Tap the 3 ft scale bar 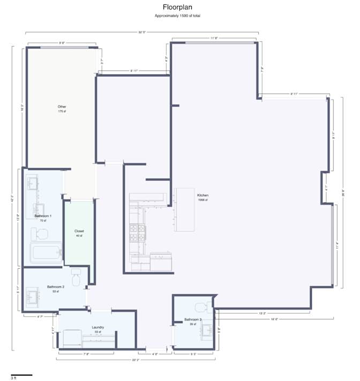coord(21,375)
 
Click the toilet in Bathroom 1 coord(39,233)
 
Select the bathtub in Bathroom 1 coord(44,252)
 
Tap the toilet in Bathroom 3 coord(202,307)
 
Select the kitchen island coord(183,209)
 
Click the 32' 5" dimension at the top coord(142,33)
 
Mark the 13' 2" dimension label coord(262,314)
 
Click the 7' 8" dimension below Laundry coord(86,354)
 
